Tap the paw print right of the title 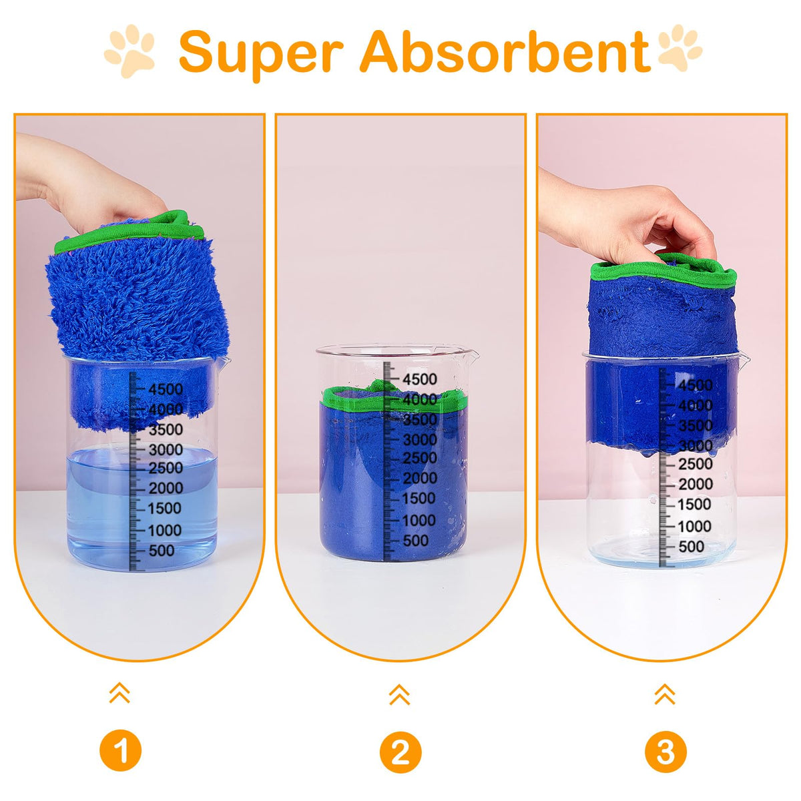coord(680,48)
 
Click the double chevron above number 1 coord(119,692)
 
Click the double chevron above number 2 coord(399,694)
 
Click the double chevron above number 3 coord(665,694)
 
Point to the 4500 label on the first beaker coord(166,389)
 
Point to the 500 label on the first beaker coord(162,550)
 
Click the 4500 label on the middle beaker coord(420,379)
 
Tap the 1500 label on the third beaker coord(694,504)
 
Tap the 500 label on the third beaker coord(692,546)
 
